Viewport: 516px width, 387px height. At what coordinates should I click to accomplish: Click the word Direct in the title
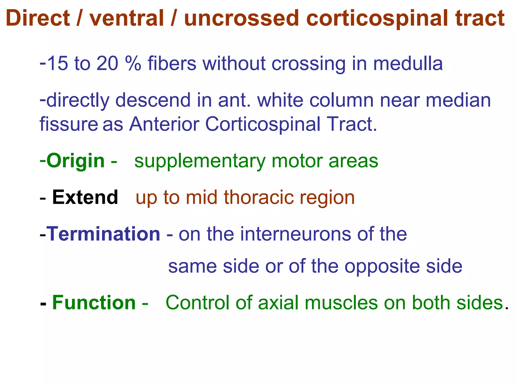coord(38,18)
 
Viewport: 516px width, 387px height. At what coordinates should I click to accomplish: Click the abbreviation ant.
coord(234,100)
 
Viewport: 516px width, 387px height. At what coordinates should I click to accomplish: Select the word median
coord(458,100)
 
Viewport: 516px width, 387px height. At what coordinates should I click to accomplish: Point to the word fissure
coord(69,124)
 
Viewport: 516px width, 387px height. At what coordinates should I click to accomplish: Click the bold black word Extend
coord(85,197)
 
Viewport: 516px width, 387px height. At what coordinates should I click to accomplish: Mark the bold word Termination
coord(104,234)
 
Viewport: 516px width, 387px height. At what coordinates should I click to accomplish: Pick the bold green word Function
coord(94,303)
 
